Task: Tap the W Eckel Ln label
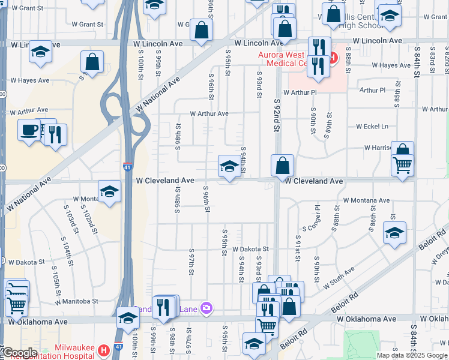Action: (x=372, y=127)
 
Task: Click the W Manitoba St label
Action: (x=77, y=301)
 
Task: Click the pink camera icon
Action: (x=206, y=308)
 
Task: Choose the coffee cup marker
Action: (x=28, y=130)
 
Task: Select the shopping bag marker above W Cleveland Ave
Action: (x=282, y=165)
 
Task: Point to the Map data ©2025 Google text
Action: (x=412, y=355)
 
